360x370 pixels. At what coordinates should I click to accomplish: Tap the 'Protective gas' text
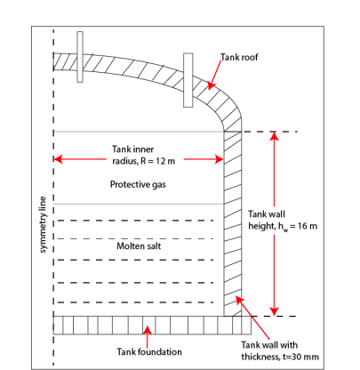click(138, 184)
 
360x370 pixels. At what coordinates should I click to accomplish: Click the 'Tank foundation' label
click(149, 350)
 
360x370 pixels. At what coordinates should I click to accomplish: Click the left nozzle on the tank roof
click(80, 56)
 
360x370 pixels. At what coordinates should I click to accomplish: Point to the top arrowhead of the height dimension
click(275, 139)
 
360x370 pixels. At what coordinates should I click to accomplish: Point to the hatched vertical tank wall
click(233, 222)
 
